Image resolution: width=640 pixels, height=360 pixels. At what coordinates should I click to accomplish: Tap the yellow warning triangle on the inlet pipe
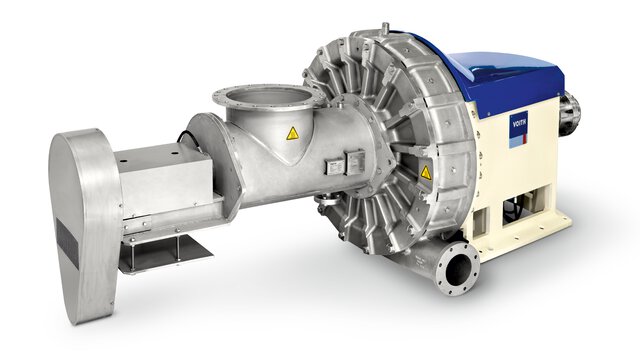pyautogui.click(x=292, y=133)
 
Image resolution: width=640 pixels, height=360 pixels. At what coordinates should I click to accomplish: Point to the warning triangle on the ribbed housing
pyautogui.click(x=426, y=172)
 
